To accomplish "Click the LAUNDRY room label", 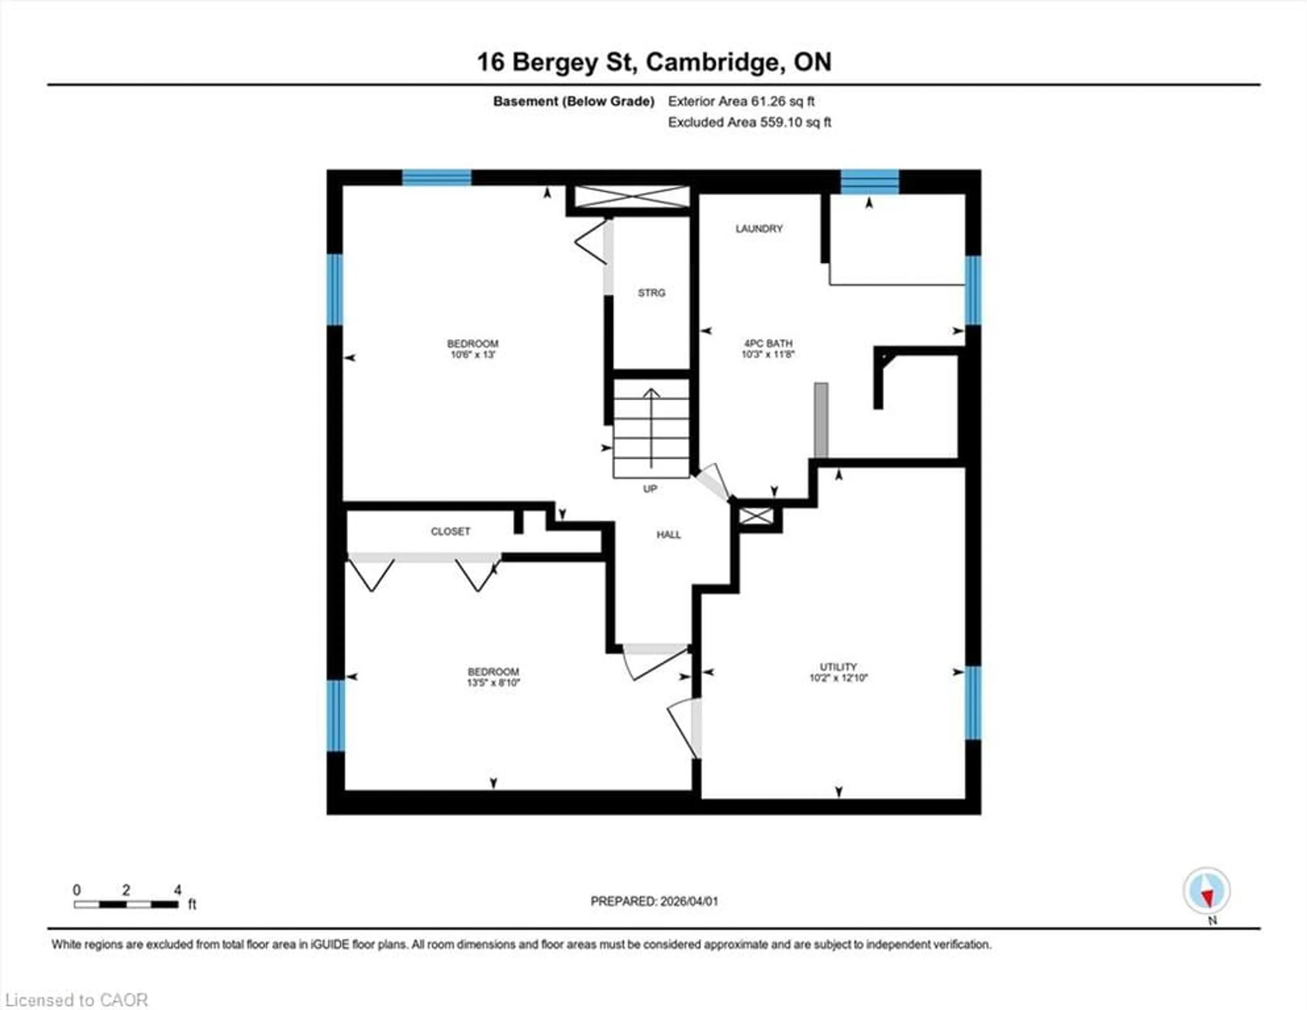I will (x=759, y=229).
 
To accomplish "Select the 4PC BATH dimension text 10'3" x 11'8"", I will (x=768, y=354).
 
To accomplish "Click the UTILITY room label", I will (x=838, y=667).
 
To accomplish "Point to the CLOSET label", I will (x=450, y=532).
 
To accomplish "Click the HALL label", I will (x=668, y=535).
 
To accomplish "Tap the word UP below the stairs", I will (x=650, y=489).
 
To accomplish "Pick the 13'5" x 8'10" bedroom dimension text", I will (x=493, y=682).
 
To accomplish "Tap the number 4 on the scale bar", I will (x=177, y=890).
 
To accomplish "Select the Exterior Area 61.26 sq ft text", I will (x=741, y=102).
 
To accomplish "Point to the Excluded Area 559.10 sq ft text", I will (x=749, y=122).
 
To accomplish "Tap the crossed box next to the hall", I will (x=756, y=516).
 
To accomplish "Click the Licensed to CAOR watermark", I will (x=76, y=1000).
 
